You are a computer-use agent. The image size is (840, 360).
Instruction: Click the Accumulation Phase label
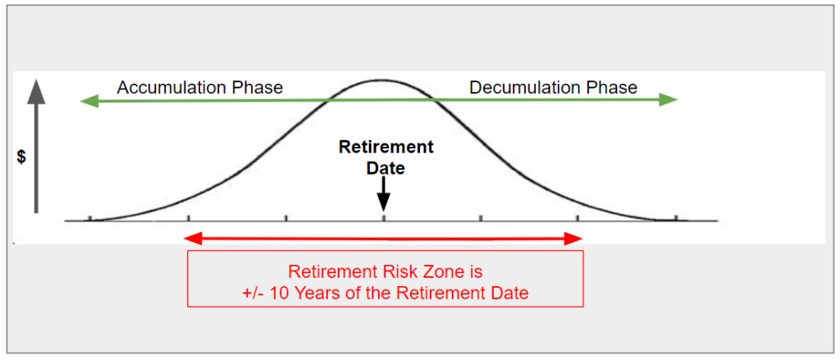(200, 87)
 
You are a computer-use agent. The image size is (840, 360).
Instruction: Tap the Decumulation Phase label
(554, 87)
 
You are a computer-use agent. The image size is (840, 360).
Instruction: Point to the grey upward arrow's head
(36, 89)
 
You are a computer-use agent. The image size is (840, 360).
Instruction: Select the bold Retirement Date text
(386, 157)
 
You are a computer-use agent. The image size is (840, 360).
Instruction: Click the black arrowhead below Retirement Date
(383, 203)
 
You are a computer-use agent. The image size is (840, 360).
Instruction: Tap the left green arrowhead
(89, 100)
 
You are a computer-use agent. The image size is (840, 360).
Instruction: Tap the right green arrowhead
(668, 99)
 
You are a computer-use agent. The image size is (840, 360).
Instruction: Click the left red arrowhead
(193, 239)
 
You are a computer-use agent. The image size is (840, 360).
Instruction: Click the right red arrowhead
(572, 239)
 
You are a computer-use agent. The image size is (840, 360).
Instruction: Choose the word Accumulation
(173, 87)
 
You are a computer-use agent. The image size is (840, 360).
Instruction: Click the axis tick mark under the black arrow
(384, 218)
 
